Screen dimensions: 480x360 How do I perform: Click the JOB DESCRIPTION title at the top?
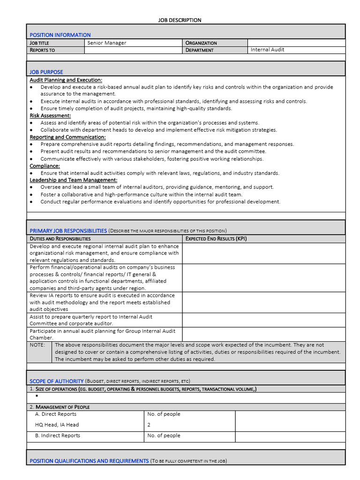[x=180, y=20]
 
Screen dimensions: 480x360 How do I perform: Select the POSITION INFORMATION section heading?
[x=60, y=35]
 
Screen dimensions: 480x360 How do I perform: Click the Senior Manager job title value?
[x=107, y=43]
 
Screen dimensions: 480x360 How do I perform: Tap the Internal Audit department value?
[x=267, y=50]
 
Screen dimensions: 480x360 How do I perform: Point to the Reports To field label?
[x=42, y=50]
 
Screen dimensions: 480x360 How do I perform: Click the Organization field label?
[x=201, y=43]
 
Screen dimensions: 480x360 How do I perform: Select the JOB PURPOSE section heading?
[x=46, y=72]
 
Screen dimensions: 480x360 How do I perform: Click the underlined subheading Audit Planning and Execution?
[x=66, y=80]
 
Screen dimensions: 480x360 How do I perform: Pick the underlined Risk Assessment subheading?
[x=50, y=115]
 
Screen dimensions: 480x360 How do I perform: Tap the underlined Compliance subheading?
[x=45, y=166]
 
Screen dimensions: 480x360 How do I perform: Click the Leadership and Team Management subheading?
[x=73, y=180]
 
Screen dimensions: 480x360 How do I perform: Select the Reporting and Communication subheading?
[x=67, y=137]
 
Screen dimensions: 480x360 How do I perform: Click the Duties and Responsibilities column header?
[x=60, y=239]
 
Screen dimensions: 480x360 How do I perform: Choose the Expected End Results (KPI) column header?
[x=216, y=239]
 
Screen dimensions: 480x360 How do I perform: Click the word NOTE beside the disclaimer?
[x=37, y=345]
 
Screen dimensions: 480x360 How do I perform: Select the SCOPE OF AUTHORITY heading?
[x=56, y=381]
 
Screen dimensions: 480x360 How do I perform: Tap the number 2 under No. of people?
[x=149, y=425]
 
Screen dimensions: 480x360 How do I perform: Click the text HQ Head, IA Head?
[x=57, y=425]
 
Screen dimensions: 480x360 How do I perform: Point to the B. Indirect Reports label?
[x=57, y=435]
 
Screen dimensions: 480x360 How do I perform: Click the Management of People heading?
[x=60, y=407]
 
